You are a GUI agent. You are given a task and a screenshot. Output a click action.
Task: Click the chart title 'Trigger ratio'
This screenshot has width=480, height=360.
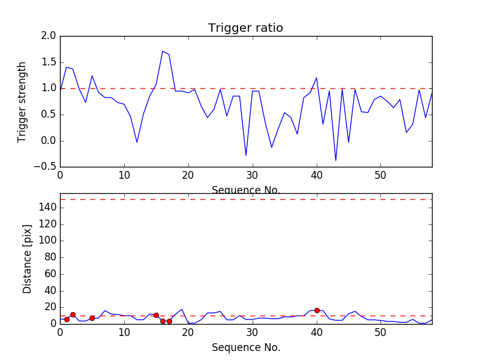(x=245, y=28)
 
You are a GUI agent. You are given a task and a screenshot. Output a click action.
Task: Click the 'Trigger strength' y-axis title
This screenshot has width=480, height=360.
(x=22, y=101)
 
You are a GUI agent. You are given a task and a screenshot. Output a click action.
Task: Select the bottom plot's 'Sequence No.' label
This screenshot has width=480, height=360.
(x=246, y=347)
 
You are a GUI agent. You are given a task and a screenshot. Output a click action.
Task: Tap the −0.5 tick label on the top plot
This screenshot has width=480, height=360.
(x=46, y=167)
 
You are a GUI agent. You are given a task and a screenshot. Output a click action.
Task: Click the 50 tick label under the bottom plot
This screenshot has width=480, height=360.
(x=380, y=333)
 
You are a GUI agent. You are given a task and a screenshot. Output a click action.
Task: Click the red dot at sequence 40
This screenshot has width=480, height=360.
(x=317, y=310)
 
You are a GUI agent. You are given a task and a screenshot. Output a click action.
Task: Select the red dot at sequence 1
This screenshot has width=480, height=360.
(x=67, y=319)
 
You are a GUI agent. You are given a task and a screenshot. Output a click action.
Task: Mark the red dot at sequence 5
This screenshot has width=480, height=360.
(x=92, y=318)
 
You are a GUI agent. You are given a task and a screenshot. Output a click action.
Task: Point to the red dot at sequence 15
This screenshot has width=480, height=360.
(x=156, y=315)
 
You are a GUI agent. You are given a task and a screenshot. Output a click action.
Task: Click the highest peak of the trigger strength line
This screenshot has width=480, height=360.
(x=163, y=51)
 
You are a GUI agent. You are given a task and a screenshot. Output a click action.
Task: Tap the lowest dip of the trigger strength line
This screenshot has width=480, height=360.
(x=336, y=160)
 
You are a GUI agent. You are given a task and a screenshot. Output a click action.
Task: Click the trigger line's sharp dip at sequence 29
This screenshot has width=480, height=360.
(x=246, y=155)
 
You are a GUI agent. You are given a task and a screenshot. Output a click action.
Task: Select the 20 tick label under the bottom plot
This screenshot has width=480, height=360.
(x=188, y=333)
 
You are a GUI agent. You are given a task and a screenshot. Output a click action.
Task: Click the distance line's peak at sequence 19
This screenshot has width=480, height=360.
(x=182, y=310)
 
